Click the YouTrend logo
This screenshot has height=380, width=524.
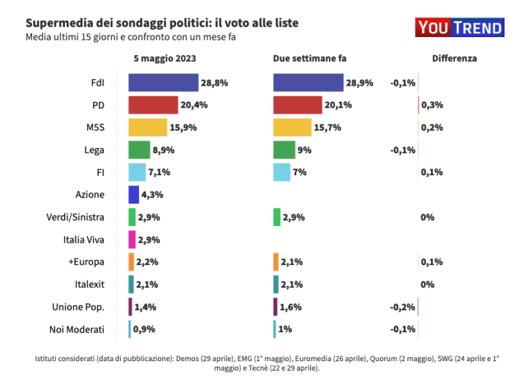[x=460, y=28]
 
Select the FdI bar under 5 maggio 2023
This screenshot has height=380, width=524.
[x=163, y=83]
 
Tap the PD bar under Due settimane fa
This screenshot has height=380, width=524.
[x=298, y=105]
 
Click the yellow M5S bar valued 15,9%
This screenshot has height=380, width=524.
[x=148, y=127]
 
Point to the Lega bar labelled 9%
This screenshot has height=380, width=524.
[x=284, y=150]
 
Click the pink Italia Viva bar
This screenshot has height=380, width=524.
[x=132, y=239]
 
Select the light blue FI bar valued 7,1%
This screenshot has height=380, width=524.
[x=138, y=172]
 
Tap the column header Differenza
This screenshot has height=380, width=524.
[x=454, y=58]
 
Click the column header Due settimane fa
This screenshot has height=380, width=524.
[x=309, y=58]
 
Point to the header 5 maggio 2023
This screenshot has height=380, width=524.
[x=164, y=58]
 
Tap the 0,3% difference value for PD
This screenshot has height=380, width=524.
[x=432, y=105]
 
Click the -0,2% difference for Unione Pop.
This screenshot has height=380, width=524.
[x=403, y=307]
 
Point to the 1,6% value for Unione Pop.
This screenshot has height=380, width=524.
[x=290, y=307]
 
